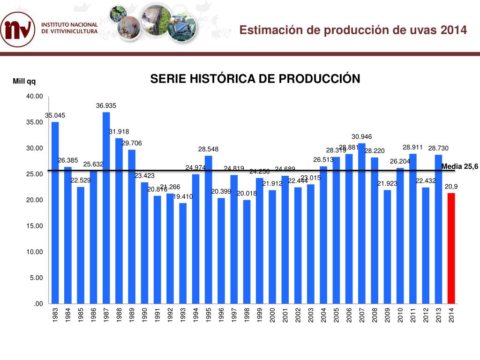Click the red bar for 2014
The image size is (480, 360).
pyautogui.click(x=451, y=248)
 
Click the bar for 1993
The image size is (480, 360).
pyautogui.click(x=183, y=253)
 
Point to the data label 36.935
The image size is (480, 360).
pyautogui.click(x=106, y=106)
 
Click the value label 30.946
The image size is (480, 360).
pyautogui.click(x=361, y=137)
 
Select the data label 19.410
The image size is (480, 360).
pyautogui.click(x=183, y=197)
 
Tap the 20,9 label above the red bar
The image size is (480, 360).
pyautogui.click(x=451, y=187)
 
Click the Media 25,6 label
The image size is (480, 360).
pyautogui.click(x=459, y=166)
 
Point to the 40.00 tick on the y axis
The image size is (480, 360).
pyautogui.click(x=35, y=96)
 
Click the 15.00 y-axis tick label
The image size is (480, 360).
pyautogui.click(x=35, y=226)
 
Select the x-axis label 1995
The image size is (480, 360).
pyautogui.click(x=209, y=315)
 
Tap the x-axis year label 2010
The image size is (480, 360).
pyautogui.click(x=400, y=315)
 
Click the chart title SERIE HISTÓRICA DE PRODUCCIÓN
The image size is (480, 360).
pyautogui.click(x=255, y=79)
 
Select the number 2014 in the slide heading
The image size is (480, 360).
pyautogui.click(x=454, y=30)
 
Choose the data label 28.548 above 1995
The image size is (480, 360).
pyautogui.click(x=208, y=149)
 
